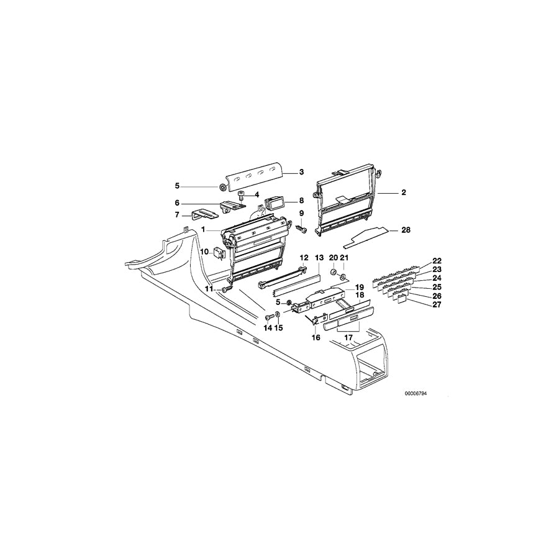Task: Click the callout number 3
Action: point(301,172)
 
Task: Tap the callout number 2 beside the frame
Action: point(403,193)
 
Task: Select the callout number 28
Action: point(406,230)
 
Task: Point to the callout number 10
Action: point(203,250)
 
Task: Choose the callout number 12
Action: point(304,257)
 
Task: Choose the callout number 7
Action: point(177,215)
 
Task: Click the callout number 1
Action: point(202,230)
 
